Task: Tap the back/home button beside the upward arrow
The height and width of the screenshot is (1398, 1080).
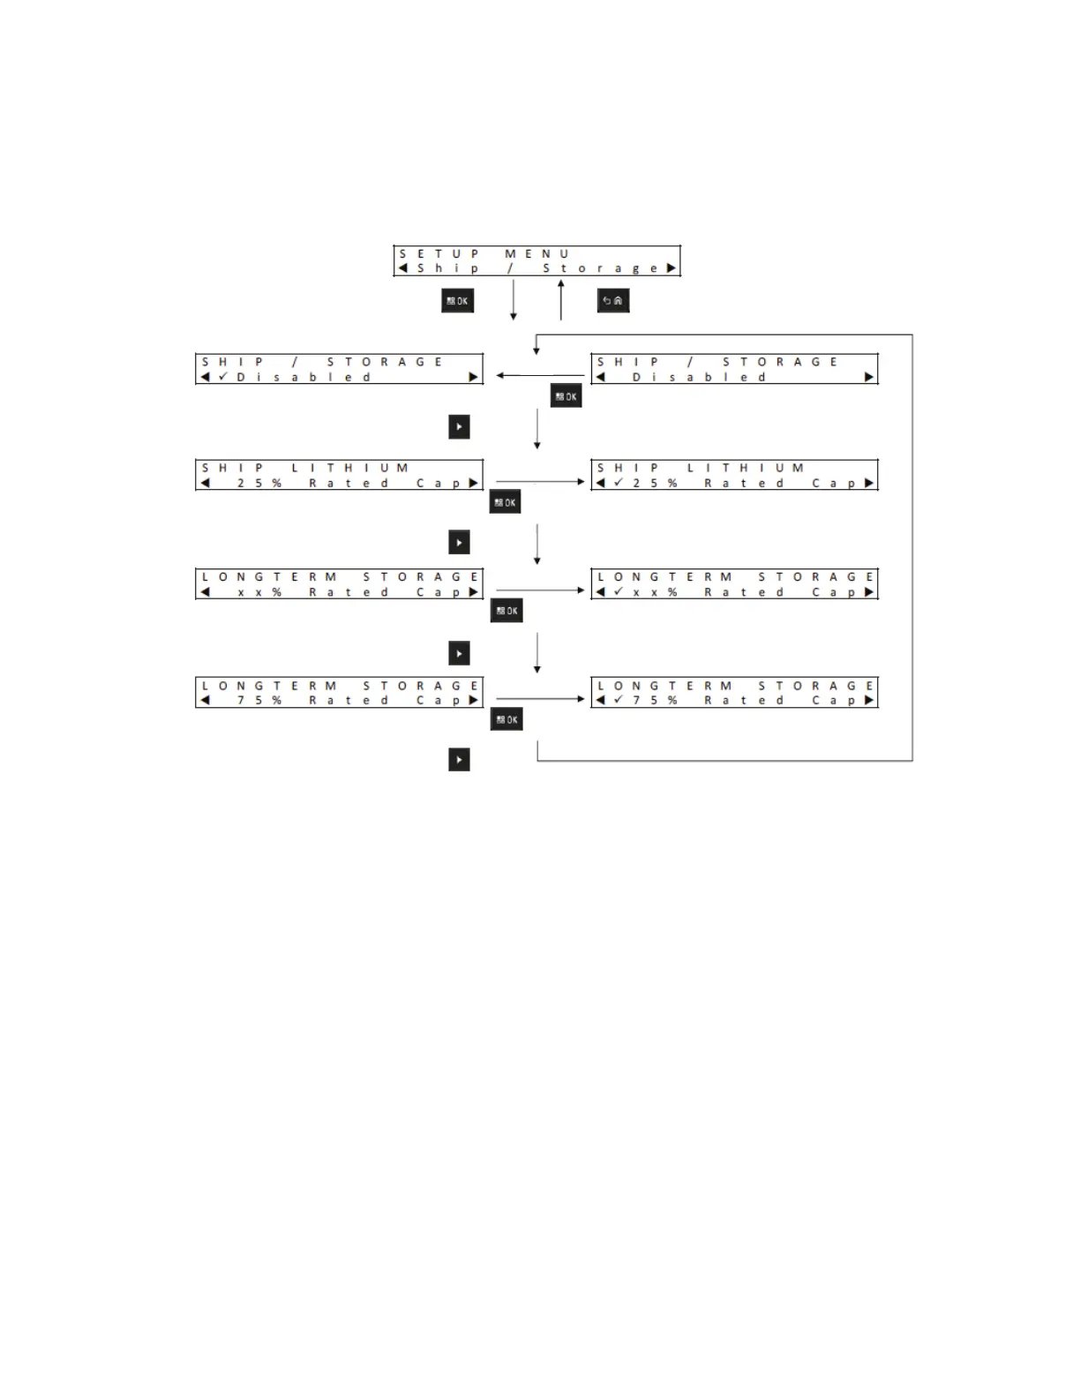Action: click(x=613, y=301)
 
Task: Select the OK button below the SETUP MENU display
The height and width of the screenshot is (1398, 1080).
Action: click(x=457, y=301)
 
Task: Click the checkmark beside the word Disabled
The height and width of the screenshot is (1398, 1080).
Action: click(x=223, y=377)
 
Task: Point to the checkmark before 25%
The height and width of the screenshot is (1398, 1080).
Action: click(x=619, y=483)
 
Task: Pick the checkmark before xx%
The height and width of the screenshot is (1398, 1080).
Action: click(x=619, y=591)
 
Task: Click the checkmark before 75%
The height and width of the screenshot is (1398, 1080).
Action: click(x=619, y=700)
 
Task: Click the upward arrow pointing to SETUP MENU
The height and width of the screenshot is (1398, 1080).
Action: click(x=561, y=300)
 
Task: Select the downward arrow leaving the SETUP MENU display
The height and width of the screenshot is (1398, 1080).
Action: click(x=514, y=300)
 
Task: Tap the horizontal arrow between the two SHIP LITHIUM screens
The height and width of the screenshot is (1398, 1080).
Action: click(x=540, y=482)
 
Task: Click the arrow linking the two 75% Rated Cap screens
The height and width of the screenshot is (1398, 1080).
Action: click(x=540, y=699)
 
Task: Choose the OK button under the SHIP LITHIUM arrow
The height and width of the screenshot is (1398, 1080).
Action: click(x=506, y=503)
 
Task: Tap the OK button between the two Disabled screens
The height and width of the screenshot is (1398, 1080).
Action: click(x=566, y=396)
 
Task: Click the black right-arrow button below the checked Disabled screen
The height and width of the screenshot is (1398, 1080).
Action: click(x=459, y=427)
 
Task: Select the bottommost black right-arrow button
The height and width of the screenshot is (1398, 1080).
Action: click(x=459, y=760)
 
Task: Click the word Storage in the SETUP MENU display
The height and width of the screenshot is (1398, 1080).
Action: click(x=599, y=268)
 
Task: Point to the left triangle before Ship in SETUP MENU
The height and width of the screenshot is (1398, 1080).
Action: click(x=402, y=268)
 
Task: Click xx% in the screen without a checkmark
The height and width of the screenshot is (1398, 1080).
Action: click(x=259, y=592)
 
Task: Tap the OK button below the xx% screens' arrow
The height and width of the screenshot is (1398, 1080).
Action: click(x=506, y=611)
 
